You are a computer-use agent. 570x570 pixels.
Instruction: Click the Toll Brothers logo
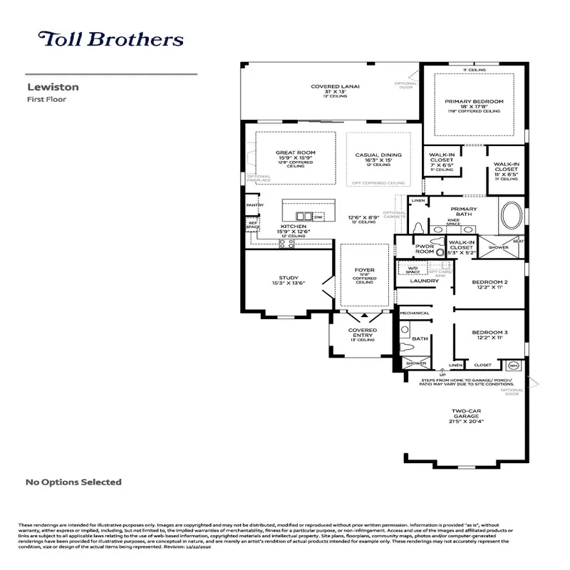[110, 39]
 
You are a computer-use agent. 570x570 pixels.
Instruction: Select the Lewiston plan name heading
[53, 87]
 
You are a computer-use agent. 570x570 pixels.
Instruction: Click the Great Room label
[295, 153]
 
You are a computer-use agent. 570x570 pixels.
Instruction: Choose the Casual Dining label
[378, 155]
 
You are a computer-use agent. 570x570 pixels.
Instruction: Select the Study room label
[289, 278]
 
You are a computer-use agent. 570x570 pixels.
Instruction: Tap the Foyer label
[364, 270]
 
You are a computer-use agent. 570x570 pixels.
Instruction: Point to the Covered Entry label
[362, 331]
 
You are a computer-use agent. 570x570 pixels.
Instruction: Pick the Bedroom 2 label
[489, 282]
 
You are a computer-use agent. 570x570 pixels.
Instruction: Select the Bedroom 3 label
[489, 333]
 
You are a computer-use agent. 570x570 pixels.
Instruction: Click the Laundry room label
[425, 281]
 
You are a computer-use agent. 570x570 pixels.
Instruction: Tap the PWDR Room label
[425, 249]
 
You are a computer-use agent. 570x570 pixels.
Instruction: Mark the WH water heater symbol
[513, 366]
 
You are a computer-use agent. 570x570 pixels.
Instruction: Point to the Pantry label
[254, 205]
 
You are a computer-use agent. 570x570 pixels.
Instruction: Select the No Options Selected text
[73, 482]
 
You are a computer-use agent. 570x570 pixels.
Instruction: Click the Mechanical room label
[414, 313]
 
